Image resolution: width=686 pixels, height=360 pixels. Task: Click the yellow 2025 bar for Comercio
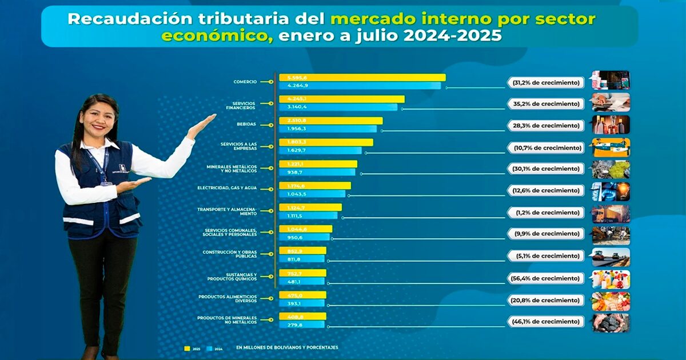click(362, 78)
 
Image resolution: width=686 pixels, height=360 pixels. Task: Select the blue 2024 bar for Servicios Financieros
click(338, 107)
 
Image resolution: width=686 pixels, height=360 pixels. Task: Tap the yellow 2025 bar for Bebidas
click(330, 121)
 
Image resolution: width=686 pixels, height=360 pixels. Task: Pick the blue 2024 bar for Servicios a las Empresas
click(320, 150)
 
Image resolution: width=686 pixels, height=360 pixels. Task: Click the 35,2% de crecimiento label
click(545, 104)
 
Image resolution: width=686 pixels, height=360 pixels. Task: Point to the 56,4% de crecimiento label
click(545, 278)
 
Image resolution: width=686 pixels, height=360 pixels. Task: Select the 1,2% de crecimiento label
click(545, 213)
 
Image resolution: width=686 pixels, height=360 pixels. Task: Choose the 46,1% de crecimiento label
click(545, 322)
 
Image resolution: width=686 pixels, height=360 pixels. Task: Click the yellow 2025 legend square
click(187, 347)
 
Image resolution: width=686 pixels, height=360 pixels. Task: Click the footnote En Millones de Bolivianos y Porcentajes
click(286, 347)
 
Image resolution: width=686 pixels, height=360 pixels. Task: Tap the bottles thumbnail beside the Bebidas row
click(611, 125)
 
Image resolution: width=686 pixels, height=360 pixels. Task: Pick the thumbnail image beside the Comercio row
click(611, 81)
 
